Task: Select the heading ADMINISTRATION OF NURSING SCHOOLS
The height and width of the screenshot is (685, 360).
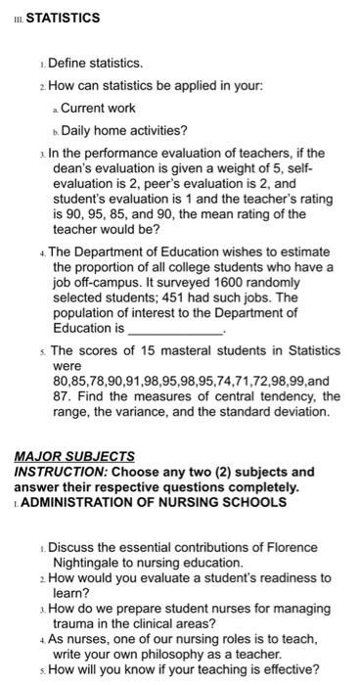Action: click(154, 502)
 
